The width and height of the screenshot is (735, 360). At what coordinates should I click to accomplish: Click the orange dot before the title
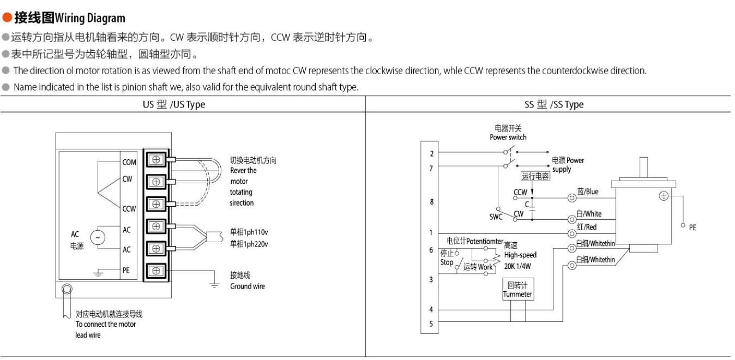tap(7, 17)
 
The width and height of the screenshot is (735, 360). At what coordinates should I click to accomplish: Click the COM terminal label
tap(129, 162)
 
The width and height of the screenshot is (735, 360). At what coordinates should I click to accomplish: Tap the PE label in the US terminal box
tap(126, 271)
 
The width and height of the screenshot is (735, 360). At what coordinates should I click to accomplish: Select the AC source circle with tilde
tap(98, 237)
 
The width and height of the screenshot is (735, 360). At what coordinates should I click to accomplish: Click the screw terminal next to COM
tap(156, 160)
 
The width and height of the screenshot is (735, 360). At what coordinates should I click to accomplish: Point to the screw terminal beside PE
tap(156, 271)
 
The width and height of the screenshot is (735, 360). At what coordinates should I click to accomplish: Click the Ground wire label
tap(247, 286)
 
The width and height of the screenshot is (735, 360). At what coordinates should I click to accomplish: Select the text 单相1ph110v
tap(249, 232)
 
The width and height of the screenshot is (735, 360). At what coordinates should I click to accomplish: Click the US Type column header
tap(174, 104)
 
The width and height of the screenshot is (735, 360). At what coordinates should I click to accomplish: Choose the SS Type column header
tap(554, 104)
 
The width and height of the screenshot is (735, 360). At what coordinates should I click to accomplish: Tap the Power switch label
tap(508, 137)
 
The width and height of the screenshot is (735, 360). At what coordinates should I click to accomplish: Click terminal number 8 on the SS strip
tap(432, 202)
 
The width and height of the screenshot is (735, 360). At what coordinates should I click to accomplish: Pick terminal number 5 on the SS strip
tap(431, 324)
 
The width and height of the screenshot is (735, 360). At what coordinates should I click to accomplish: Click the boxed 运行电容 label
tap(535, 176)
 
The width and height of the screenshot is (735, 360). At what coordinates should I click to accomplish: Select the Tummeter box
tap(518, 289)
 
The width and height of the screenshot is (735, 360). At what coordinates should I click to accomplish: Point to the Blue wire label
tap(588, 191)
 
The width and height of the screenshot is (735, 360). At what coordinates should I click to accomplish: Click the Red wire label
tap(587, 227)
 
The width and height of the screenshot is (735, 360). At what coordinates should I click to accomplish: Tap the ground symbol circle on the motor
tap(664, 196)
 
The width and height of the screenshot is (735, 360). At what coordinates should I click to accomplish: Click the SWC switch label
tap(496, 217)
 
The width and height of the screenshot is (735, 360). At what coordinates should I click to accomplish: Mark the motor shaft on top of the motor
tap(643, 168)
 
